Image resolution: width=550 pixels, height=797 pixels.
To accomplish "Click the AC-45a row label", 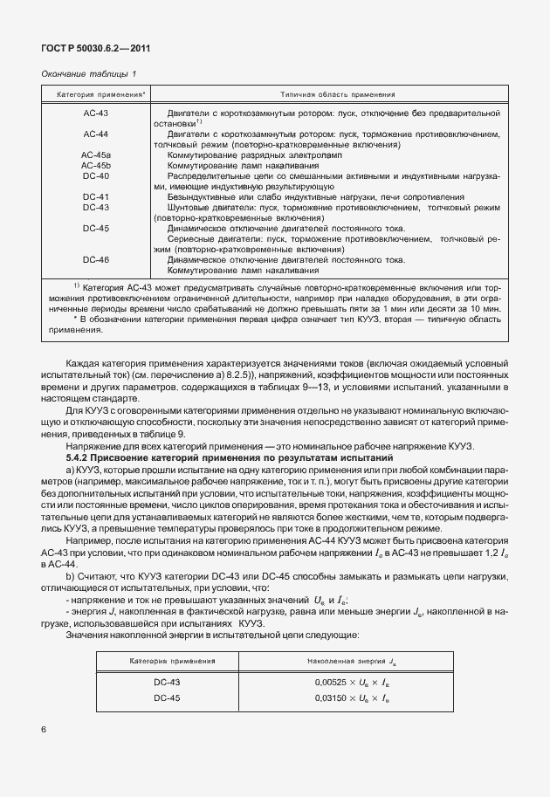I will point(95,154).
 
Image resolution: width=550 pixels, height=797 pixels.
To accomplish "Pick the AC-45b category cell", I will point(95,164).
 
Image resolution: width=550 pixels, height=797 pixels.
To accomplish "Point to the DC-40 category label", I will point(95,175).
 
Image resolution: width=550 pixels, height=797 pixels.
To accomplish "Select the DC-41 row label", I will point(95,196).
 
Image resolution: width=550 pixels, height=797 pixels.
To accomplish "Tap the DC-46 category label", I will point(95,259).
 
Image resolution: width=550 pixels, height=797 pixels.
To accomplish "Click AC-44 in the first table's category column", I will point(95,134).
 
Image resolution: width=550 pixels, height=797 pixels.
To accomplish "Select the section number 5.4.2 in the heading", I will point(81,457).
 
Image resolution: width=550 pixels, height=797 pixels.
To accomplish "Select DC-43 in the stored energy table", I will point(168,682).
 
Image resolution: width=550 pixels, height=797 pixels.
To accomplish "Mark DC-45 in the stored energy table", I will point(168,697).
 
